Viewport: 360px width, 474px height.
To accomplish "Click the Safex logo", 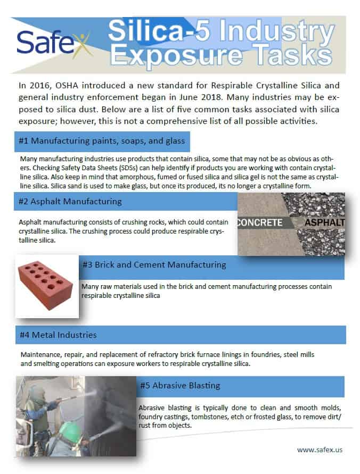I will [x=53, y=43].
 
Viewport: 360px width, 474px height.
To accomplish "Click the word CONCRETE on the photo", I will [x=260, y=222].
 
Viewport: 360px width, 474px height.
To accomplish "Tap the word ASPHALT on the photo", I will [x=324, y=222].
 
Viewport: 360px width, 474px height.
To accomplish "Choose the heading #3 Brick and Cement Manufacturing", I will [x=154, y=264].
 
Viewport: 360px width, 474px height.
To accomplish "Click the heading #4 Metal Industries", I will [x=58, y=335].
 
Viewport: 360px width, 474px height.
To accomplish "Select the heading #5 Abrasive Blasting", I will [x=180, y=386].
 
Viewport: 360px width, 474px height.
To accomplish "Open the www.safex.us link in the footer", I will [x=320, y=450].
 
